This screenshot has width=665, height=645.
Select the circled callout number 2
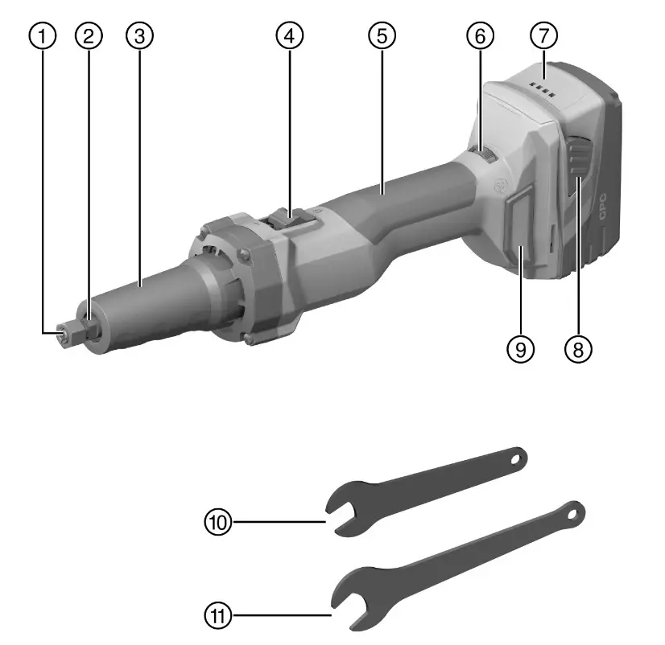tap(89, 35)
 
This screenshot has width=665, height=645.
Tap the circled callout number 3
tap(140, 35)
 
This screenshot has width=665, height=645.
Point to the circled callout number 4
tap(289, 35)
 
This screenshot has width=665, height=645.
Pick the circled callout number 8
tap(577, 348)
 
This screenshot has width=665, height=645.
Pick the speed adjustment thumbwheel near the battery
tap(485, 158)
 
